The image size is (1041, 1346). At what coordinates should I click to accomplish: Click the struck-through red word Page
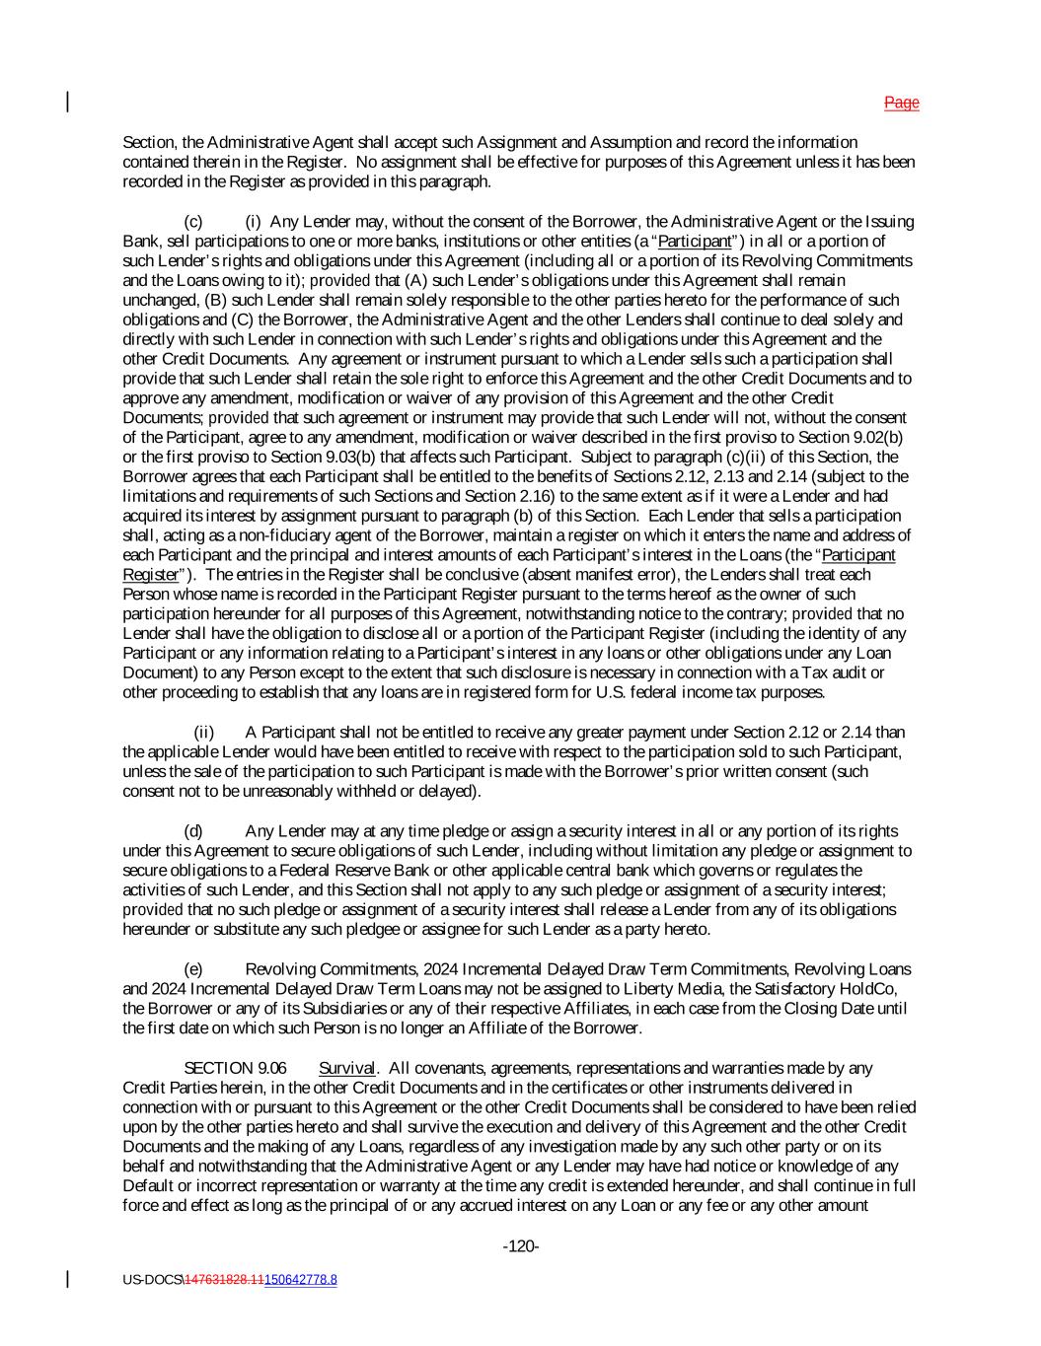tap(901, 103)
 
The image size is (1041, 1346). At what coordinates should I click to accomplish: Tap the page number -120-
tap(521, 1246)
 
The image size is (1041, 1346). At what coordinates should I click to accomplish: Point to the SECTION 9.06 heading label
tap(223, 1068)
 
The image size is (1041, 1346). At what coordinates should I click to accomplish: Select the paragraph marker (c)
tap(193, 221)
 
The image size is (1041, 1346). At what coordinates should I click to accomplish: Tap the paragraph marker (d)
tap(193, 831)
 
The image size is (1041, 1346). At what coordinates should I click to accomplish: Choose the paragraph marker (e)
tap(193, 969)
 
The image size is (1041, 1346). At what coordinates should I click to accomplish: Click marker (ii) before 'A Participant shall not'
tap(204, 732)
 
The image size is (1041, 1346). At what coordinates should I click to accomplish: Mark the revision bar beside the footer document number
tap(68, 1280)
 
